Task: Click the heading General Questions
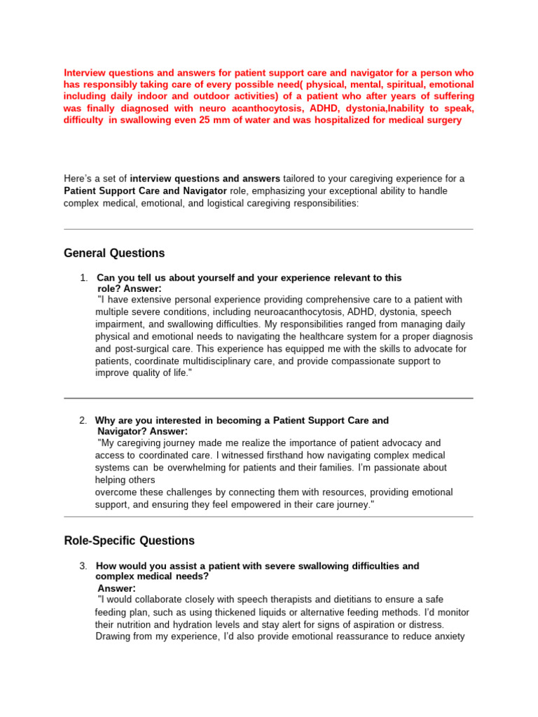(x=114, y=253)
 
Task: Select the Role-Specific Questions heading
(x=129, y=541)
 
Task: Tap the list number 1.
(x=83, y=278)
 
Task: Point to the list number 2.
(x=83, y=420)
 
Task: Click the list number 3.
(x=83, y=566)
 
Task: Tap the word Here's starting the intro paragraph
(x=78, y=179)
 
